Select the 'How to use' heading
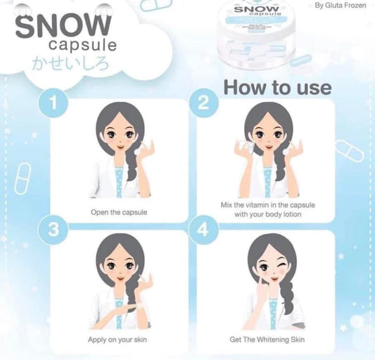click(x=277, y=87)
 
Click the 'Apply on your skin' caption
click(x=119, y=339)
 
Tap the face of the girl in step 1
click(x=115, y=136)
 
